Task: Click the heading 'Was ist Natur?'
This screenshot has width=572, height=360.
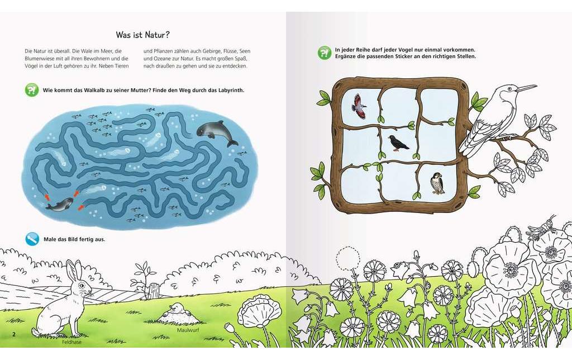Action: coord(142,35)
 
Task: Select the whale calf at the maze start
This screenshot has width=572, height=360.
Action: coord(59,205)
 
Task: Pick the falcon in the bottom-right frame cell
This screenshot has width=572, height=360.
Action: coord(437,183)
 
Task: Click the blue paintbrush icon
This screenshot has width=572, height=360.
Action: coord(32,239)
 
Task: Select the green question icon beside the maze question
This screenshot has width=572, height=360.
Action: coord(32,89)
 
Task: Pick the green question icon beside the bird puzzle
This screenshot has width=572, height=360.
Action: coord(325,53)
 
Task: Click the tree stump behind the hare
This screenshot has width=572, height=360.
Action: coord(154,290)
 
